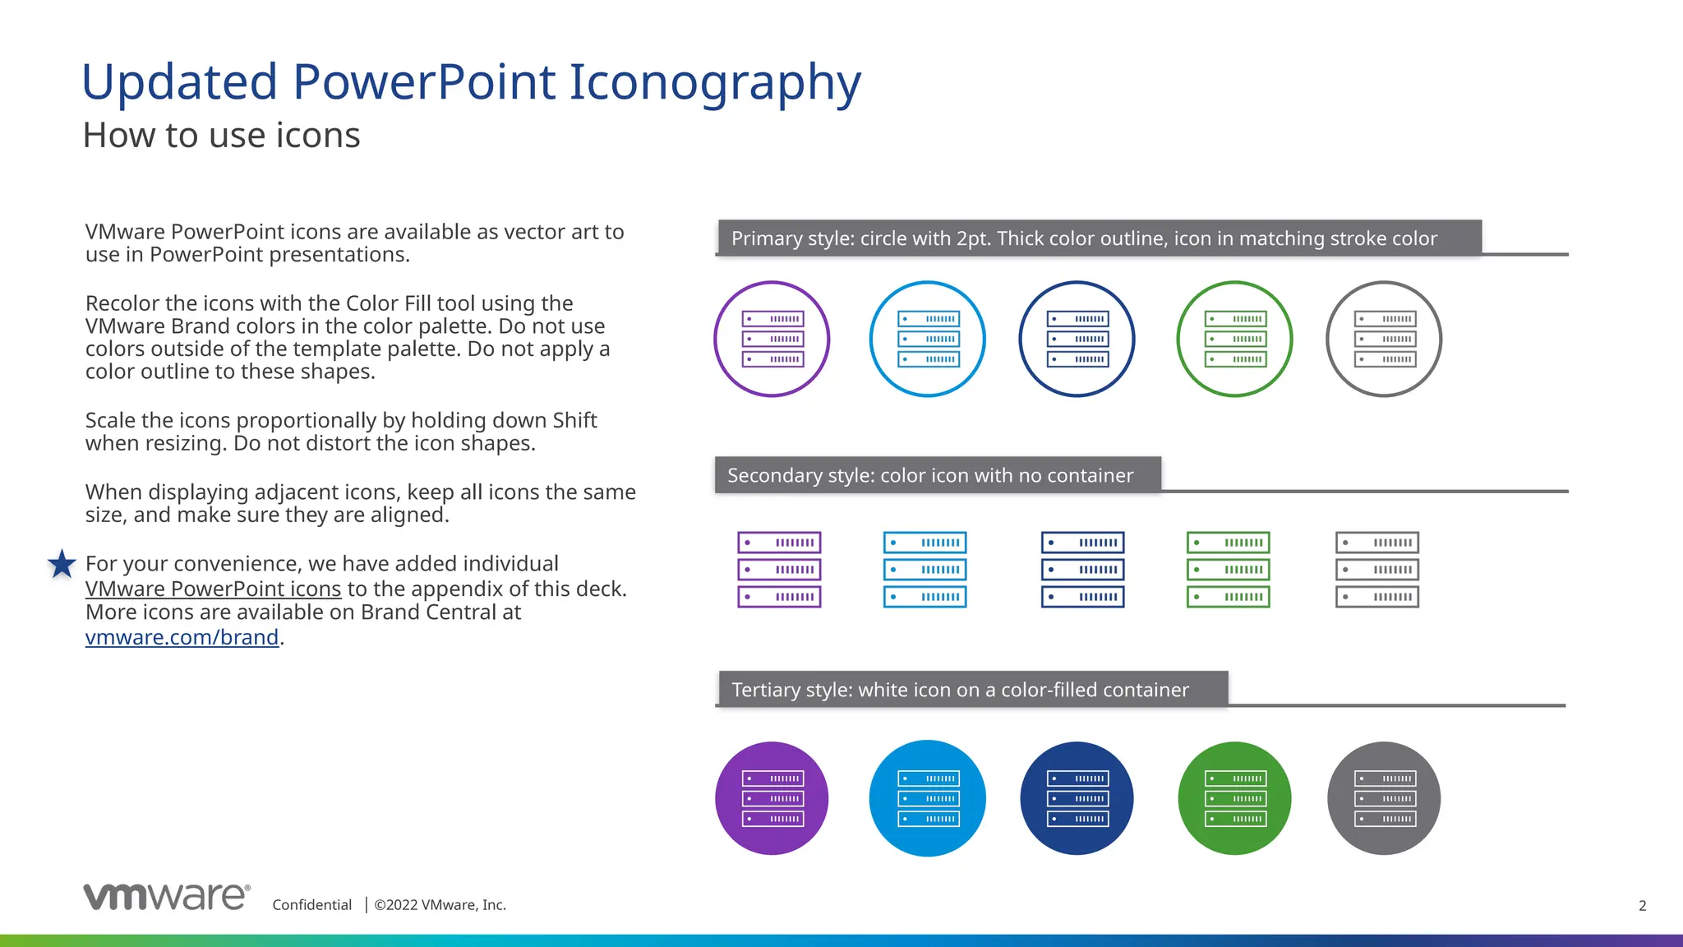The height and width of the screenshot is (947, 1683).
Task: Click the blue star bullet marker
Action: (62, 564)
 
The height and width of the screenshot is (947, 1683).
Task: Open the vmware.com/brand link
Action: (182, 637)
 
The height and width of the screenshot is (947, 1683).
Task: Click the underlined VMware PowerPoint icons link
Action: (213, 589)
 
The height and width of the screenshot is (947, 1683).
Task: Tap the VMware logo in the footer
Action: (166, 897)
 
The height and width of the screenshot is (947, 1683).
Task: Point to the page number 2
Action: (1642, 905)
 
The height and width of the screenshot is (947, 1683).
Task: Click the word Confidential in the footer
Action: (311, 905)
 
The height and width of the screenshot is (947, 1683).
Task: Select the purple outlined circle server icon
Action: (772, 339)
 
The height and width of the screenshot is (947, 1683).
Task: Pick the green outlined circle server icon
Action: (1233, 339)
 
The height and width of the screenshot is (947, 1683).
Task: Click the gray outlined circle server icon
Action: (1384, 339)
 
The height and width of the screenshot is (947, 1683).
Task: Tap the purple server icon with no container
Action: (779, 570)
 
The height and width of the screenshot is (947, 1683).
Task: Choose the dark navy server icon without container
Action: (1082, 570)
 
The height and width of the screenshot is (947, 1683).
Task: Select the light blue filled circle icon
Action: (927, 798)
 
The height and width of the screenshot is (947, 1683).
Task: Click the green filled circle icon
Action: (1233, 798)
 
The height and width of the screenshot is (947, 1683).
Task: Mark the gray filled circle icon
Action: (1384, 798)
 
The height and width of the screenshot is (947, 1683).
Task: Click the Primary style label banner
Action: (1100, 238)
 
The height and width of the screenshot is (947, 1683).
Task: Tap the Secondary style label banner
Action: (937, 475)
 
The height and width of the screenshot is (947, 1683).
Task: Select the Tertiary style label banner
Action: (972, 689)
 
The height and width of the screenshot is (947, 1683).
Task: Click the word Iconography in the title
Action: (714, 82)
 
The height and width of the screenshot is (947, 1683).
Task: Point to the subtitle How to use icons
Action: (221, 136)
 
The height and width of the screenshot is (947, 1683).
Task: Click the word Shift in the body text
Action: (574, 420)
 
